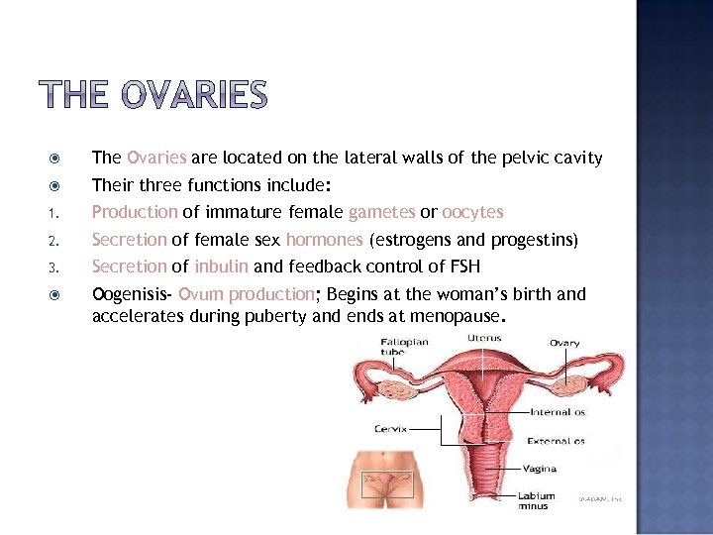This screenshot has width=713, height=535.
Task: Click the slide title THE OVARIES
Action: click(153, 96)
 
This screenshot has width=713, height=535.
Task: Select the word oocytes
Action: click(472, 212)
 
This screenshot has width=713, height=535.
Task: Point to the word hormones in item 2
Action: click(325, 240)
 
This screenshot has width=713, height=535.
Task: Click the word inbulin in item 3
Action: click(222, 266)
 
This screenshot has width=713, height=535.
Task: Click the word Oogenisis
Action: click(130, 294)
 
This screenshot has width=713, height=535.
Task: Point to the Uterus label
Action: click(484, 338)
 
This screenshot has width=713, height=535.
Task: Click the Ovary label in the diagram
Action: click(564, 344)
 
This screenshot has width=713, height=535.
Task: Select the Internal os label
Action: click(558, 411)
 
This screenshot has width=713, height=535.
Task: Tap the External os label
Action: click(558, 441)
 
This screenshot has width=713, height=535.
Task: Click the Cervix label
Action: click(390, 429)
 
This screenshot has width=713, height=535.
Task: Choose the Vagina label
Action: click(541, 469)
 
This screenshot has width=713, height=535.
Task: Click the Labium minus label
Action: click(539, 500)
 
